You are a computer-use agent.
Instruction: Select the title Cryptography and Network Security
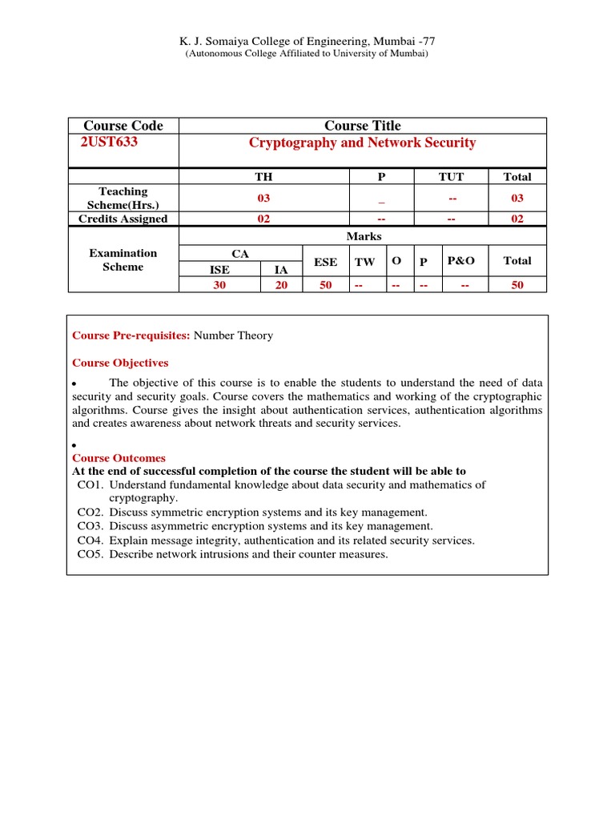(x=362, y=143)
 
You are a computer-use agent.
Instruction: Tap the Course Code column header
(x=123, y=126)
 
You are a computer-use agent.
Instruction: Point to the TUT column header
(x=452, y=176)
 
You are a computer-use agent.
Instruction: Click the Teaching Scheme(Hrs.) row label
(x=123, y=198)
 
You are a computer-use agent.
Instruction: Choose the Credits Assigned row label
(x=123, y=219)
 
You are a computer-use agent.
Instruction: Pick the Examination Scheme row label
(x=123, y=260)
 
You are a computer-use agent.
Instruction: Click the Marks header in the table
(x=363, y=236)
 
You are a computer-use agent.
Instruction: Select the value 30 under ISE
(x=219, y=284)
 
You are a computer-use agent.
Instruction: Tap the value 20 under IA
(x=281, y=284)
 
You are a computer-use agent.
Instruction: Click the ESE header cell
(x=325, y=261)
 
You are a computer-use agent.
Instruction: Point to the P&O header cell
(x=461, y=261)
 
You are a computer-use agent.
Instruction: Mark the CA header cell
(x=240, y=253)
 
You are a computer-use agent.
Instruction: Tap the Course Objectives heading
(x=120, y=363)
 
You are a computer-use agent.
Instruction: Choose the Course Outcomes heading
(x=119, y=458)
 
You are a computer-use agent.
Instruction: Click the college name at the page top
(x=307, y=42)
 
